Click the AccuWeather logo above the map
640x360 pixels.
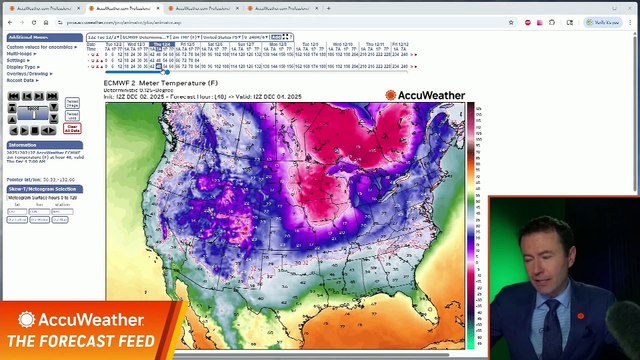pyautogui.click(x=425, y=96)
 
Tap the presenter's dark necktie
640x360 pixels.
pyautogui.click(x=552, y=325)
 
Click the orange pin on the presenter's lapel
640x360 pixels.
pyautogui.click(x=579, y=317)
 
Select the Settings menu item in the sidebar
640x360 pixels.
pyautogui.click(x=17, y=60)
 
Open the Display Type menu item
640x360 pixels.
pyautogui.click(x=21, y=66)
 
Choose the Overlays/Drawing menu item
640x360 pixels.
pyautogui.click(x=27, y=73)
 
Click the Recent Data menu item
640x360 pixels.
pyautogui.click(x=20, y=79)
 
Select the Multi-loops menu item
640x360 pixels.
pyautogui.click(x=19, y=54)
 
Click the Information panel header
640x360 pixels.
pyautogui.click(x=22, y=145)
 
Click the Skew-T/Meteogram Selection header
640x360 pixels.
pyautogui.click(x=41, y=188)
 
